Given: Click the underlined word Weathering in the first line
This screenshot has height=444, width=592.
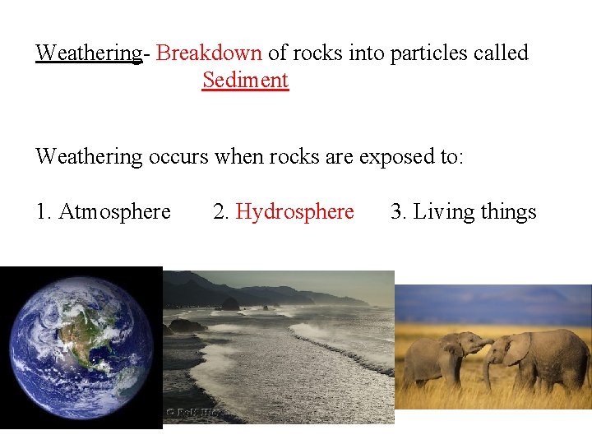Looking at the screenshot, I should coord(89,53).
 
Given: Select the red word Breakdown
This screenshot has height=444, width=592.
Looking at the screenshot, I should coord(209,53).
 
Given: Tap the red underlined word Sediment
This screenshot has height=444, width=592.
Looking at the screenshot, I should coord(245,81).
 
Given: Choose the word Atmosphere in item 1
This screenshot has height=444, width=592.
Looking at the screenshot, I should coord(114,212).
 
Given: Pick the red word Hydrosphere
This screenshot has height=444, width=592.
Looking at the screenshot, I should coord(294,212).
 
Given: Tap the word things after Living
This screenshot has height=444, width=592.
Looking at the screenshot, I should coord(508,212).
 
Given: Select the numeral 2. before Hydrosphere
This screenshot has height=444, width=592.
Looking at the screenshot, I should coord(221,212).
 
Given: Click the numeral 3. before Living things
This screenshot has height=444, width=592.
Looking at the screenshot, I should coord(399,212).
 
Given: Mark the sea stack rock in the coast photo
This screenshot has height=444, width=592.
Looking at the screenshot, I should coord(230,303).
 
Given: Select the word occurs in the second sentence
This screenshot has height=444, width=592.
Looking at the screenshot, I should coord(178,156).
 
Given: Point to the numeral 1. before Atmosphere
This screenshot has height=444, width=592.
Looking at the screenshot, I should coord(43,212).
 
